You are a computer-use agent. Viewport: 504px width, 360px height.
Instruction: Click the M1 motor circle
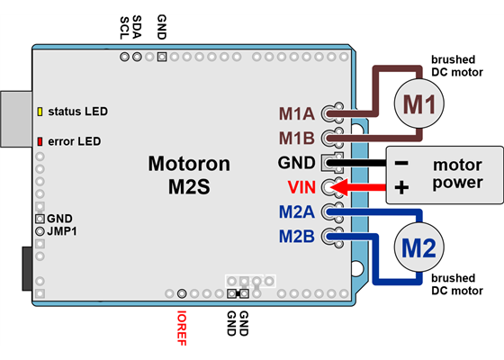[x=417, y=104]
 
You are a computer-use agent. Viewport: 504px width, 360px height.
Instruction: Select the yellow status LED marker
[x=40, y=112]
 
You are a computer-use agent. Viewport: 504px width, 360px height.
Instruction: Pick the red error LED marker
[x=40, y=141]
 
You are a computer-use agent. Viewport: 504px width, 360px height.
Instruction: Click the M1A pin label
[x=296, y=114]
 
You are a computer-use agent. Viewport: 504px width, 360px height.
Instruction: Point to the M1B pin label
[x=296, y=138]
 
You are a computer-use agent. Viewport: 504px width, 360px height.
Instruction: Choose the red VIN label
[x=301, y=188]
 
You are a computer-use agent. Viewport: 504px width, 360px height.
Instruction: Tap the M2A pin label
[x=296, y=213]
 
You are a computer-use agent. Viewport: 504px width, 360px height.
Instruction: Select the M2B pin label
[x=296, y=237]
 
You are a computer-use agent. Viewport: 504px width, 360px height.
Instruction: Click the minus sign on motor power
[x=401, y=164]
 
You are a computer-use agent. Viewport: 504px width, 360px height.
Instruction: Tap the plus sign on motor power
[x=401, y=187]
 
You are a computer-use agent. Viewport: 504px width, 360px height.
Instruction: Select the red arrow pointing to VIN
[x=360, y=187]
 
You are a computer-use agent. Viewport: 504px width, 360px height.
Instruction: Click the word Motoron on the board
[x=189, y=164]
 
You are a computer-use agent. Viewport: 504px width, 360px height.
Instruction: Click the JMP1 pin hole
[x=40, y=231]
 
